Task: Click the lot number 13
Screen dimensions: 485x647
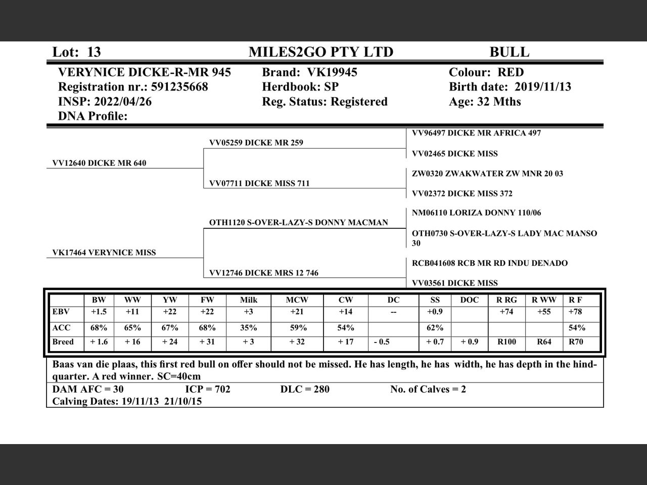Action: [94, 52]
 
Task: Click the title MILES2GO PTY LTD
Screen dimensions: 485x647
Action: [320, 52]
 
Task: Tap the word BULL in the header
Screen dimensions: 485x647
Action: [509, 52]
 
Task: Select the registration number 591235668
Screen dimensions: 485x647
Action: [179, 87]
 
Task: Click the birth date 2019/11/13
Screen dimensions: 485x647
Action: [543, 87]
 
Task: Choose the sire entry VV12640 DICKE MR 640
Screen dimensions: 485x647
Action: [100, 163]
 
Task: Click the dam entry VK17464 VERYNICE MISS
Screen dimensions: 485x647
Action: [104, 253]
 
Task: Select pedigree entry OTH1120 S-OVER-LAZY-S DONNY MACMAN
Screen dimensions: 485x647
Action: [299, 222]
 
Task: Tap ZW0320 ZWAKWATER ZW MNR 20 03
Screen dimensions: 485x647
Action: [487, 173]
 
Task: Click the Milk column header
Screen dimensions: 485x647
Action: [249, 300]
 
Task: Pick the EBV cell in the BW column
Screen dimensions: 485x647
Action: [99, 312]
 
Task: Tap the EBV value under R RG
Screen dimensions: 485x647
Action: [506, 312]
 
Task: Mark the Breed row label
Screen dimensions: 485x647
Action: [63, 342]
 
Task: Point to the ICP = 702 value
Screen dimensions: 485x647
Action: [208, 389]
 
